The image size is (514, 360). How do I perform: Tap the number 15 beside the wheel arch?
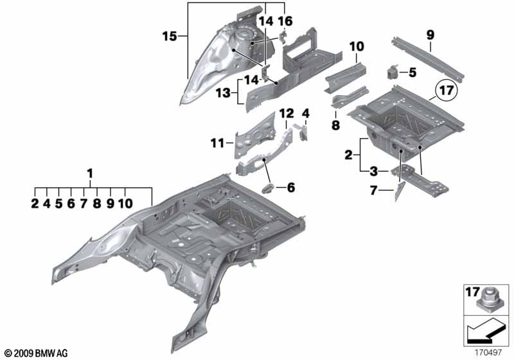coord(170,37)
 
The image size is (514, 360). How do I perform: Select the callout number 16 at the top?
coord(285,21)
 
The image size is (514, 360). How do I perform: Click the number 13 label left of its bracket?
coord(222,93)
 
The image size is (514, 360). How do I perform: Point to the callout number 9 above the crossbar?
coord(429,33)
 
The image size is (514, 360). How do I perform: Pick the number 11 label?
coord(218,141)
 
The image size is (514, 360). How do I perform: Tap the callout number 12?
coord(286,114)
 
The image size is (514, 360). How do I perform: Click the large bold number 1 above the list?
coord(90,173)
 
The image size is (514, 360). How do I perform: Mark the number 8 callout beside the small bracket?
coord(335,125)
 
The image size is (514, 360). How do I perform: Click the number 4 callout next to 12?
coord(306,114)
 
